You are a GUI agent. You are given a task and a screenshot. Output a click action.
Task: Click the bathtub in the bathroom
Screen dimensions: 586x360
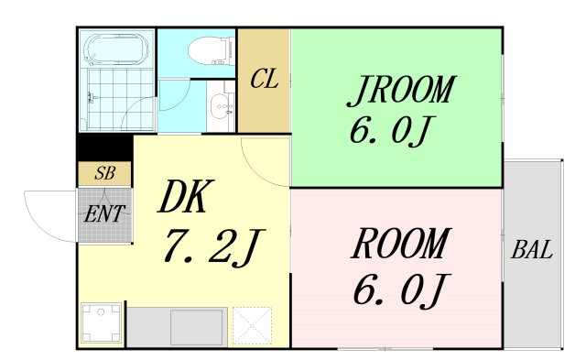[116, 49]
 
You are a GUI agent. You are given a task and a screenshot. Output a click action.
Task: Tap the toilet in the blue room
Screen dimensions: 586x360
[211, 51]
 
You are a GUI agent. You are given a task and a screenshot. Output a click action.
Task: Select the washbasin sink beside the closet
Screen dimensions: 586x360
[222, 106]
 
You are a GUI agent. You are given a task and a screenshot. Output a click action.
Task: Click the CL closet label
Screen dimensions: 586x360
[265, 79]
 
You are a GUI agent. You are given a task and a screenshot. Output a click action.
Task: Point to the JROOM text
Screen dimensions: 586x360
[401, 90]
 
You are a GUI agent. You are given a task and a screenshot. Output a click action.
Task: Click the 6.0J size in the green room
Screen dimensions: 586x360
[391, 131]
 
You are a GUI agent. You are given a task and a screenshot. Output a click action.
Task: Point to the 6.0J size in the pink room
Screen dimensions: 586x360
[401, 291]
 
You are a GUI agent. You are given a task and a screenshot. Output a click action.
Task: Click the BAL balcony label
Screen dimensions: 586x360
[532, 250]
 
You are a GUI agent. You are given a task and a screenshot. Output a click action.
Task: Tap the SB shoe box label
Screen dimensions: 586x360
[105, 173]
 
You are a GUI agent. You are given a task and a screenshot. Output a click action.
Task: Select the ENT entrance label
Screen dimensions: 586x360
[104, 214]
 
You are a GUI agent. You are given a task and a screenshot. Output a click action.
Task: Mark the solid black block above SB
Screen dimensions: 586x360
[105, 147]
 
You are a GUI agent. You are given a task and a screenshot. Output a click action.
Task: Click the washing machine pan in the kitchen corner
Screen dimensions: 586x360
[102, 323]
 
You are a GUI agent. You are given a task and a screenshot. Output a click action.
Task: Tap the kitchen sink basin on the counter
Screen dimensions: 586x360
[197, 327]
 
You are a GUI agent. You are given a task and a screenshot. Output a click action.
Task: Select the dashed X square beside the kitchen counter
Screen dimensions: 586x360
[253, 325]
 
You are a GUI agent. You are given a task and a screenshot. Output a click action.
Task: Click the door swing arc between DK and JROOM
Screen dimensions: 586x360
[258, 170]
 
